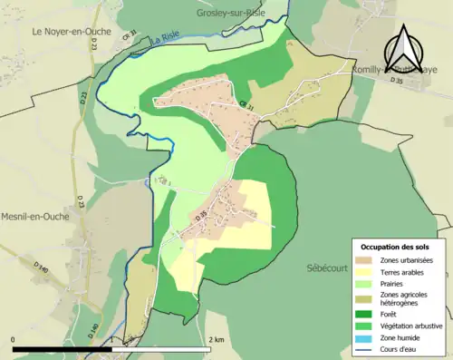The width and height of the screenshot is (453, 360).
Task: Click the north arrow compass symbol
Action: (405, 48)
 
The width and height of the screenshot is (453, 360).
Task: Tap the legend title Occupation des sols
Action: (397, 247)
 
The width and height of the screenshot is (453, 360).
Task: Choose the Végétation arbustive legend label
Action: (412, 325)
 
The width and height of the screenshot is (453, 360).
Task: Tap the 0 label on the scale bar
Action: (14, 339)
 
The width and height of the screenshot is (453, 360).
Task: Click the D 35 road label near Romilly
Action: (395, 81)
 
